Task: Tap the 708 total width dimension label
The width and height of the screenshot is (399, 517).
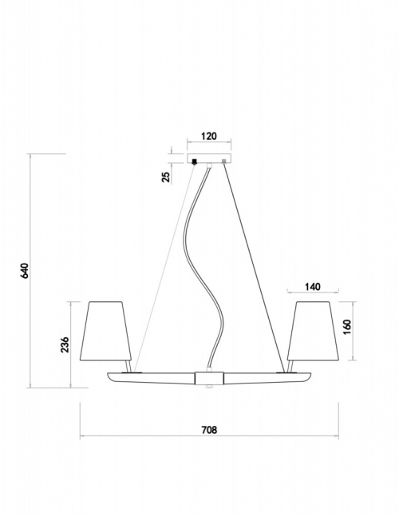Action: pyautogui.click(x=209, y=430)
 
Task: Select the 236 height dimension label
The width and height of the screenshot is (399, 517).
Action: pyautogui.click(x=65, y=344)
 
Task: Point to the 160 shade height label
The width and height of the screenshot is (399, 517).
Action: pyautogui.click(x=347, y=327)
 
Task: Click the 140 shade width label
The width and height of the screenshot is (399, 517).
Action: pyautogui.click(x=312, y=287)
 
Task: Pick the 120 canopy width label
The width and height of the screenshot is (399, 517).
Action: pyautogui.click(x=209, y=136)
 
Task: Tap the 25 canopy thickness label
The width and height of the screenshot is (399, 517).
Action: pyautogui.click(x=166, y=177)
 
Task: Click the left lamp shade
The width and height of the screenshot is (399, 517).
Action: pyautogui.click(x=105, y=331)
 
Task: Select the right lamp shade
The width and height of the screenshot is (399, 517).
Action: pyautogui.click(x=313, y=331)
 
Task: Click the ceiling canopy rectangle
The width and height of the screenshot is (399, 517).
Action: pyautogui.click(x=209, y=158)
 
